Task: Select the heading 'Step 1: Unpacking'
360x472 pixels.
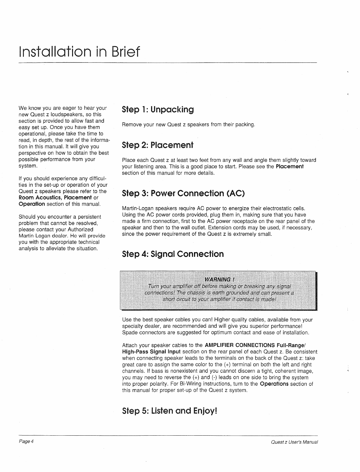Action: click(158, 110)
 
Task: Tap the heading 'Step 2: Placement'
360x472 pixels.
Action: click(158, 145)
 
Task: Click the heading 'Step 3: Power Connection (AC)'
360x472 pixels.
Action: click(183, 193)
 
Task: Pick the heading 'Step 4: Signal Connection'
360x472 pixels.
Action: click(173, 254)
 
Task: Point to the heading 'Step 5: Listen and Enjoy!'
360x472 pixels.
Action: click(170, 411)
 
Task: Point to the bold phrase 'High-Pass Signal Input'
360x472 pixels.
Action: click(151, 352)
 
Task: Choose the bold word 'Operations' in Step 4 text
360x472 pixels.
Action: click(274, 384)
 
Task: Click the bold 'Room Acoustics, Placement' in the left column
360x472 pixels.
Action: click(55, 198)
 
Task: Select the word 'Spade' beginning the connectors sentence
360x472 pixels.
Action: click(129, 333)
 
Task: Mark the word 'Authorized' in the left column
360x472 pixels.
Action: click(80, 229)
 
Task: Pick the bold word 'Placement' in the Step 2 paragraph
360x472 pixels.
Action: click(289, 166)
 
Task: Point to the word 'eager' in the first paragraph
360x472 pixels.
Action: click(63, 108)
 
